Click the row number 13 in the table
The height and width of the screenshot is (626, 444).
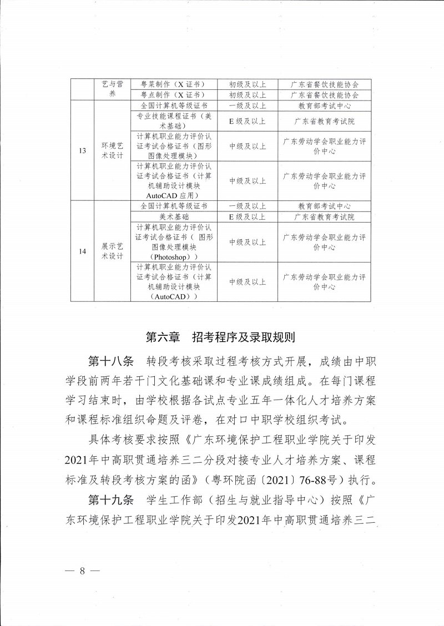[x=82, y=150]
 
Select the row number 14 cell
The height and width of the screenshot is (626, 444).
[x=82, y=251]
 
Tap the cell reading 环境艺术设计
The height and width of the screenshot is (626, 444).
[x=112, y=150]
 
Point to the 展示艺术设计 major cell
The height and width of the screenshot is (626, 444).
[x=112, y=251]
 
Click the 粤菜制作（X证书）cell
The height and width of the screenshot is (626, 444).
[x=174, y=85]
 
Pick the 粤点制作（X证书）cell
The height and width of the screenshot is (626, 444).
[x=174, y=95]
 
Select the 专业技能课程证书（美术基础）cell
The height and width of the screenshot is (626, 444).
[x=174, y=121]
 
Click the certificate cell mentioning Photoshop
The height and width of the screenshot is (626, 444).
[x=174, y=242]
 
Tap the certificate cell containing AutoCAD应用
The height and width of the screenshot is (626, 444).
[x=174, y=180]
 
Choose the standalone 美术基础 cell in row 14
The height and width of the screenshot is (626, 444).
[x=174, y=216]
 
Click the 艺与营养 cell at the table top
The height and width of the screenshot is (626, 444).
[x=112, y=89]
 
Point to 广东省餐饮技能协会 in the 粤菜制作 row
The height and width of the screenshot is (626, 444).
[x=324, y=85]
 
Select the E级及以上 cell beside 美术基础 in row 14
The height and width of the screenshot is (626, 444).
[x=248, y=216]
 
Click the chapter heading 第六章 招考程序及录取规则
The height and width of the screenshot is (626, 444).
[x=221, y=337]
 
